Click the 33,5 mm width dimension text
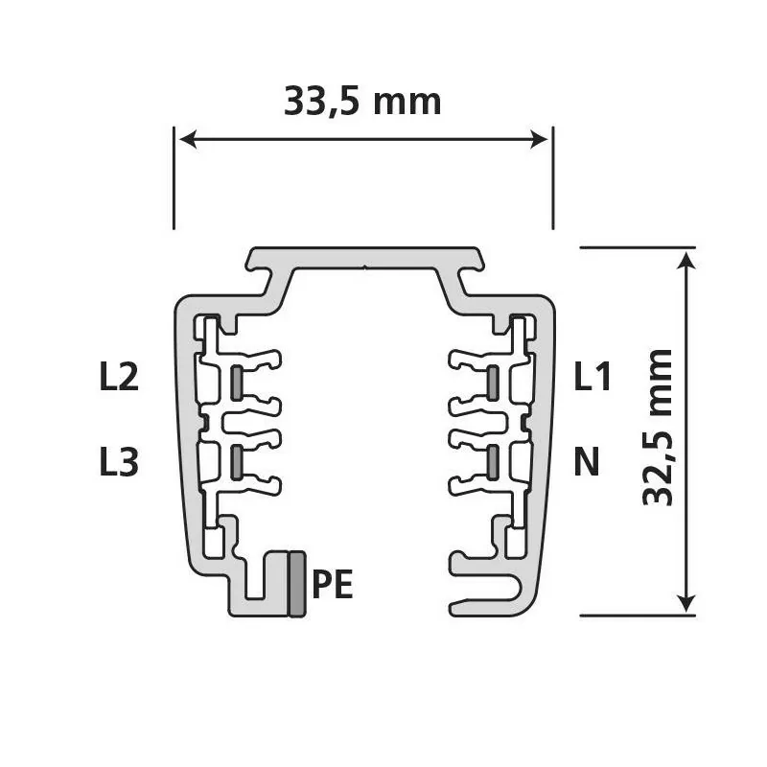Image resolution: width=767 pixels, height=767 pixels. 362,102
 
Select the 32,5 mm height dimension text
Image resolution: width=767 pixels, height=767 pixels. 658,427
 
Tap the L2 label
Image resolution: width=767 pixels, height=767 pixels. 119,376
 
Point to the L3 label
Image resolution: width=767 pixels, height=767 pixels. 119,462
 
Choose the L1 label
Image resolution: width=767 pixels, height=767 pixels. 593,376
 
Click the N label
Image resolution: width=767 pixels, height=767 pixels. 587,462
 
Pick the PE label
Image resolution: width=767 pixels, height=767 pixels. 333,584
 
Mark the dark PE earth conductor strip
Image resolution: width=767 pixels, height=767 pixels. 297,584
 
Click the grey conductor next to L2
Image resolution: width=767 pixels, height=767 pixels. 236,383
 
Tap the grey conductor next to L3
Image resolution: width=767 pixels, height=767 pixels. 236,462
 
